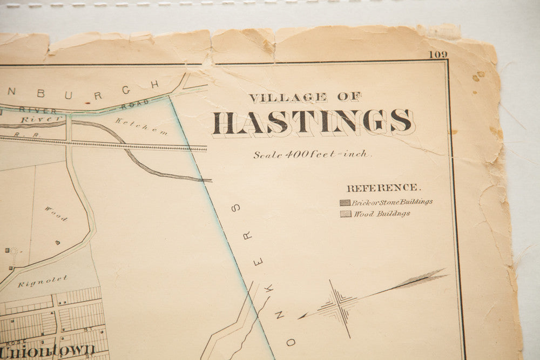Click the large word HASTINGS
pos(312,123)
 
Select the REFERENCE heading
pos(383,188)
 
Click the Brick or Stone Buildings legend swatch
pos(345,203)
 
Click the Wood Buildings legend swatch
pos(345,214)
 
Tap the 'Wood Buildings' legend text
pos(382,214)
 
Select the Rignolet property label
pos(50,281)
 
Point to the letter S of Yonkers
pos(236,207)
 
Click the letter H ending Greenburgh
pos(155,84)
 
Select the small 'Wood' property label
pos(56,214)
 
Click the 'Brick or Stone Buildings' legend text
pos(393,202)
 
